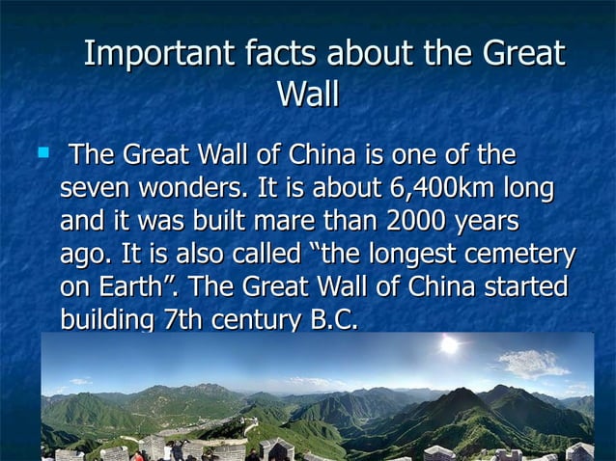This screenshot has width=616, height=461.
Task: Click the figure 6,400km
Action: [x=447, y=188]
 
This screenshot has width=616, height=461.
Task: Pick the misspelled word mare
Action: [x=282, y=221]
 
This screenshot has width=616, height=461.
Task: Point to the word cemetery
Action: [x=518, y=255]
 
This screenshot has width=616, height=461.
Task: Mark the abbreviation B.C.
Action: [x=332, y=319]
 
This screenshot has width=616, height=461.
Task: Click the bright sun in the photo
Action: [x=449, y=344]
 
